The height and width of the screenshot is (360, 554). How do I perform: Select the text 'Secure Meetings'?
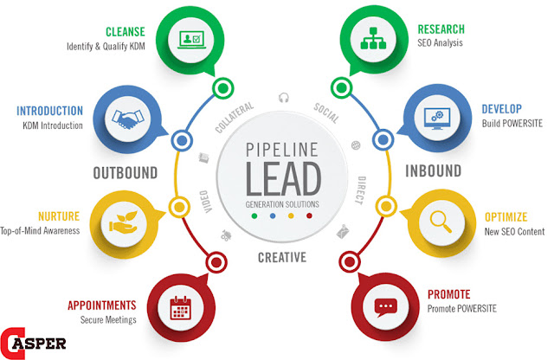[x=109, y=319]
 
